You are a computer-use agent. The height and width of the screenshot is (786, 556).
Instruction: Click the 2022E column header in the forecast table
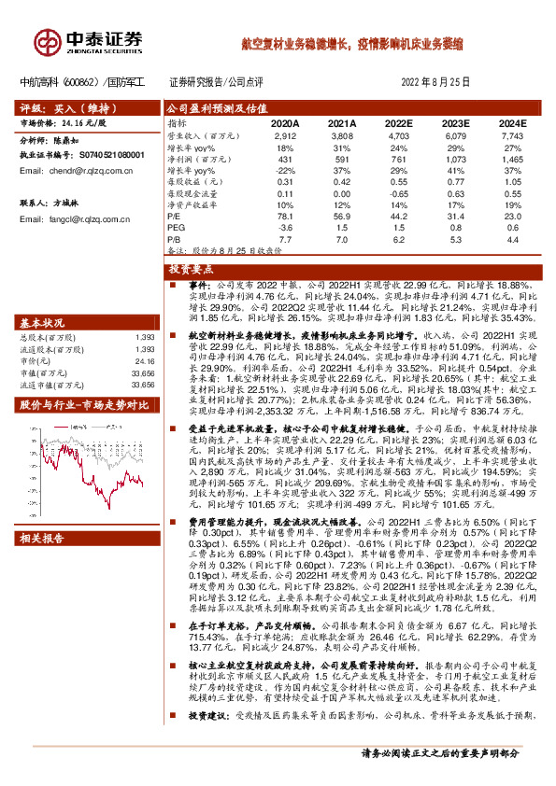[x=398, y=123]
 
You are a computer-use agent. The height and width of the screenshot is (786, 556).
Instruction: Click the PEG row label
[x=175, y=228]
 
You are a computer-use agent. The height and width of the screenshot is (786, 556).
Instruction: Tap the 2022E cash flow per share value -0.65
[x=399, y=193]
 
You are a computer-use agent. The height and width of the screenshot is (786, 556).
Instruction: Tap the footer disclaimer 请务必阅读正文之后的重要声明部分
[x=452, y=752]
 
